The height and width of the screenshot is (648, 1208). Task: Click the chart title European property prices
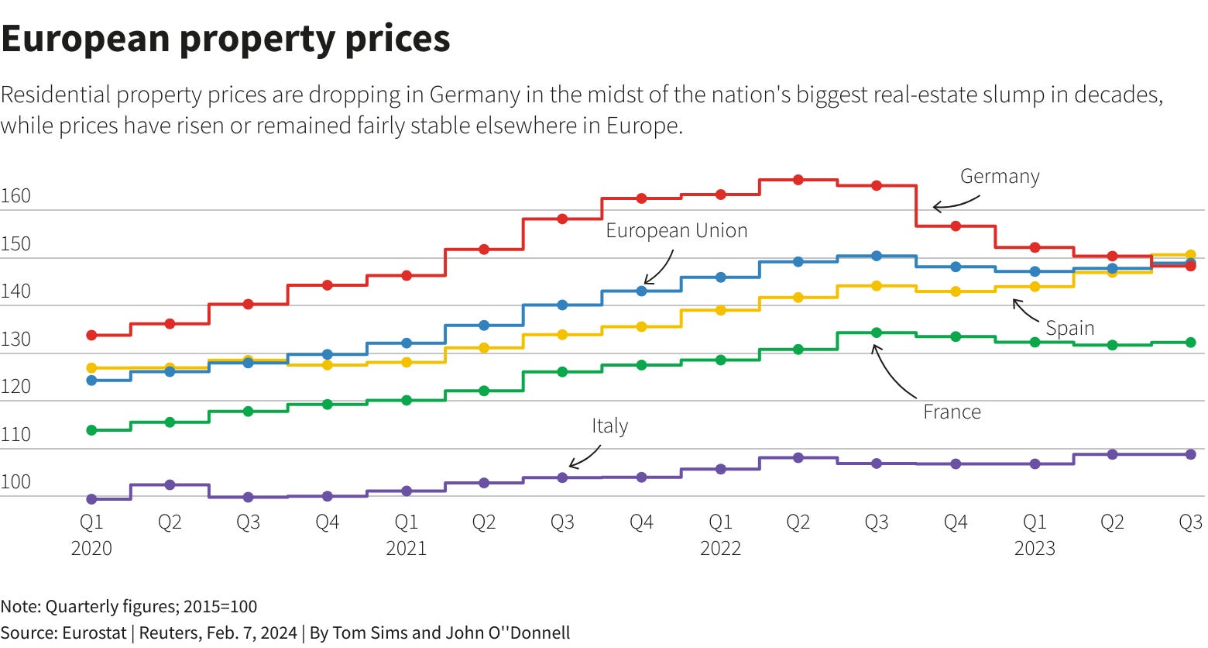225,38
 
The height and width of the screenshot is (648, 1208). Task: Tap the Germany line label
999,177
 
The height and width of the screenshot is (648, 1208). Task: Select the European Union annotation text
676,230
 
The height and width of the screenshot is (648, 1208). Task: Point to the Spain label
1069,328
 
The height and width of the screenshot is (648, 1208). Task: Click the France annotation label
951,412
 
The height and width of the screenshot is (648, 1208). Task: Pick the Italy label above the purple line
609,426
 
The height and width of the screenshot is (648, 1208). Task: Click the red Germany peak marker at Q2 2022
798,180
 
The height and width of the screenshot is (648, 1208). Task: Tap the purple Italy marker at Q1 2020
91,499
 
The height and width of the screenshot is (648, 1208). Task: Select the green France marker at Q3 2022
877,333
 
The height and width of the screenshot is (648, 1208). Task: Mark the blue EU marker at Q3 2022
877,256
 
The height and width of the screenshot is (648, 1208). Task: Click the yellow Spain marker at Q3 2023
1190,255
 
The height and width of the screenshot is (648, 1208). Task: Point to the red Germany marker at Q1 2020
91,336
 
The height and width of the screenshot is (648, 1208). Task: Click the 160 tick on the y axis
15,196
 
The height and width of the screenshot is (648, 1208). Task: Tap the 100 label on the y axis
15,482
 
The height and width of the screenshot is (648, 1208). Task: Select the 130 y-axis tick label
15,340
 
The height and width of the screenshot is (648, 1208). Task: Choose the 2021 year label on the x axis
406,549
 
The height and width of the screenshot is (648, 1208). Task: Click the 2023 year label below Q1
1034,549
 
